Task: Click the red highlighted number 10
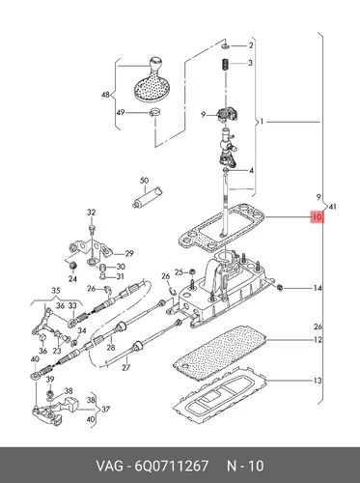click(x=317, y=217)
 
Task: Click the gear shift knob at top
click(x=152, y=79)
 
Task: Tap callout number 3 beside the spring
click(x=250, y=63)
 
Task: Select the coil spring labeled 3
click(x=226, y=65)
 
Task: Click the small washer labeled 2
click(x=226, y=47)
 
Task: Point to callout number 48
click(x=105, y=95)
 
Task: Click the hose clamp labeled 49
click(x=155, y=113)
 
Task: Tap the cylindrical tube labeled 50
click(x=148, y=197)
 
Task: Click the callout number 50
click(x=145, y=181)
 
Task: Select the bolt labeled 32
click(x=92, y=229)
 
